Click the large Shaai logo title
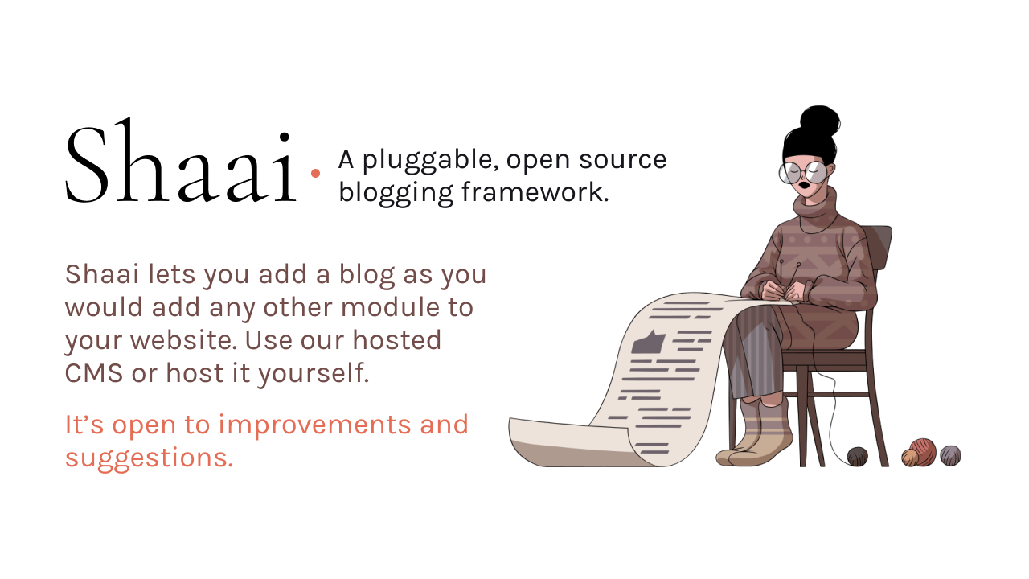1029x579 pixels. click(182, 160)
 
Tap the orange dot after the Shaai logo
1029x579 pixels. click(315, 173)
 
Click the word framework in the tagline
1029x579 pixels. click(535, 191)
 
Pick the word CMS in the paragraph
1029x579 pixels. click(94, 372)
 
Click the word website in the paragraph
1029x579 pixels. click(183, 340)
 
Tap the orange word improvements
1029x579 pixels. click(314, 425)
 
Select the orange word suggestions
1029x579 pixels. click(150, 458)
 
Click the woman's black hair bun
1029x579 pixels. click(820, 121)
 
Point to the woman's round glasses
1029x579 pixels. click(803, 173)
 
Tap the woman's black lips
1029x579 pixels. click(805, 185)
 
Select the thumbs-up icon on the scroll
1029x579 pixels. click(648, 342)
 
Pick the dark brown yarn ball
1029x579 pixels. click(858, 456)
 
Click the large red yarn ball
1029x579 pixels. click(922, 451)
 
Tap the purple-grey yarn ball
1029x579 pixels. click(950, 455)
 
